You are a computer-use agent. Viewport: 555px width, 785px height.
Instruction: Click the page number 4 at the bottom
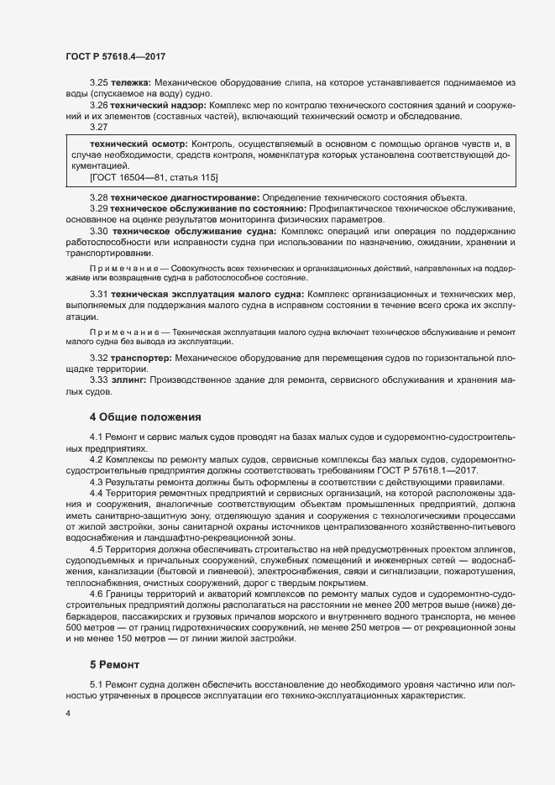click(69, 712)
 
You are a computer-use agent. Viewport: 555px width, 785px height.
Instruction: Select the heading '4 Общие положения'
click(144, 416)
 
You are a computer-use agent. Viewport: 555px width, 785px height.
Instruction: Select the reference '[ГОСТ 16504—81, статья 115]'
click(153, 178)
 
